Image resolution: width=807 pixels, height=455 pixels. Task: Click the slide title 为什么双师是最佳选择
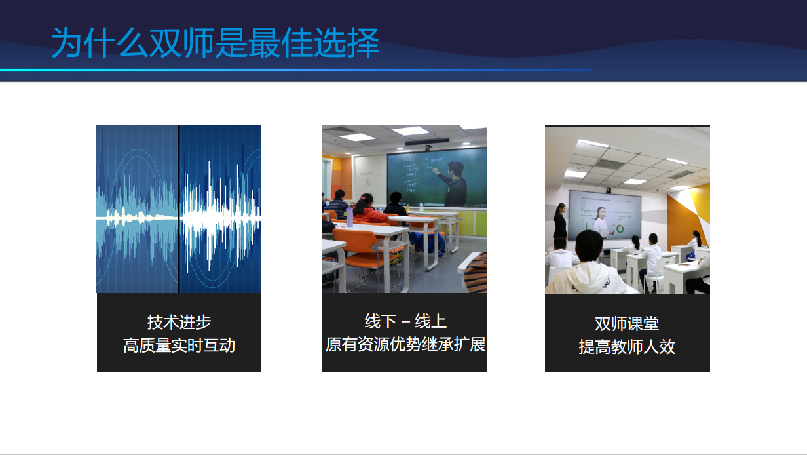[x=215, y=43]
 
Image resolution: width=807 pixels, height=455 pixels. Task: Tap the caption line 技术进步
[x=179, y=322]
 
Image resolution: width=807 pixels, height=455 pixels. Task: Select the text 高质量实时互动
[x=179, y=346]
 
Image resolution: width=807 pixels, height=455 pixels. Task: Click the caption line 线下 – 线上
[x=405, y=321]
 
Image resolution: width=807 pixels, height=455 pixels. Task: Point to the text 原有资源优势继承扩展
[x=405, y=344]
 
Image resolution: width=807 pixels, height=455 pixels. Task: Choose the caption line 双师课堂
[x=627, y=323]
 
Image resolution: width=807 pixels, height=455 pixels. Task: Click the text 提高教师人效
[x=627, y=346]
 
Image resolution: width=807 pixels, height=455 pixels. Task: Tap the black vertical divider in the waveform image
[x=179, y=209]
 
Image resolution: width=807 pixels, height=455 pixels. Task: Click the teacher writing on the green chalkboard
[x=452, y=184]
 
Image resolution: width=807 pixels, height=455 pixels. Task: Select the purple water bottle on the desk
[x=349, y=217]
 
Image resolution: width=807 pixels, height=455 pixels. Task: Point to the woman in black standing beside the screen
[x=560, y=222]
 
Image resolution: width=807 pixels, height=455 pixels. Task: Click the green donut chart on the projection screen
[x=620, y=229]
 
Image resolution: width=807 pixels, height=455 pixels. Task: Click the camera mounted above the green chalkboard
[x=428, y=148]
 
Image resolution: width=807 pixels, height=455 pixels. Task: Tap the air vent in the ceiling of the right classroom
[x=609, y=164]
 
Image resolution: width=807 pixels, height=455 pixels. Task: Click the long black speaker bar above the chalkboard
[x=426, y=142]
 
